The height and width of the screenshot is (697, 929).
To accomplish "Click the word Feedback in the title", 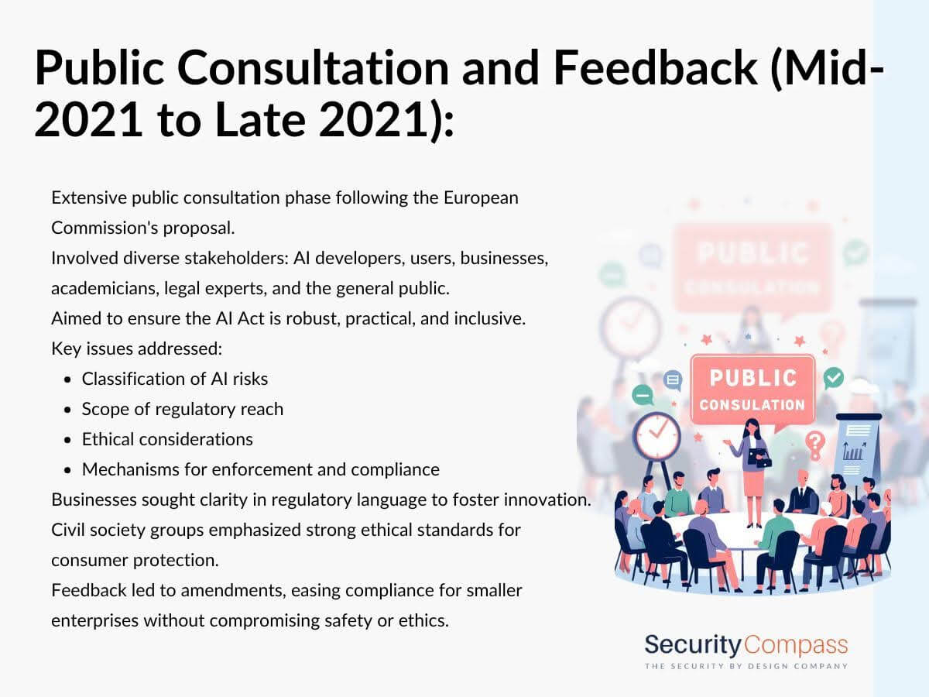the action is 655,67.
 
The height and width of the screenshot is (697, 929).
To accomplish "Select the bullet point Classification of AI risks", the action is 175,379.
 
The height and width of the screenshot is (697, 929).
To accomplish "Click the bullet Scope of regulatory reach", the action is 183,409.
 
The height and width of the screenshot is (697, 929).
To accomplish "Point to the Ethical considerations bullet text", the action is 167,439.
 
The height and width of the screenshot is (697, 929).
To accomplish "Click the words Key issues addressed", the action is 137,348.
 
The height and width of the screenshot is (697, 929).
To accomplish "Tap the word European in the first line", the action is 481,198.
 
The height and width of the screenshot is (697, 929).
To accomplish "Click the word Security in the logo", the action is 693,645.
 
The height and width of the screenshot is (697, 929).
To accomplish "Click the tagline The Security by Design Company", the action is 746,667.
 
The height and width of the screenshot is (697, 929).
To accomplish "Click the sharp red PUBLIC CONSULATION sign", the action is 752,390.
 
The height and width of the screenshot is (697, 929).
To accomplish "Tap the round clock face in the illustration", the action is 656,435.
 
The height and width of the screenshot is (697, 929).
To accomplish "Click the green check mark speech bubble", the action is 833,378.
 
